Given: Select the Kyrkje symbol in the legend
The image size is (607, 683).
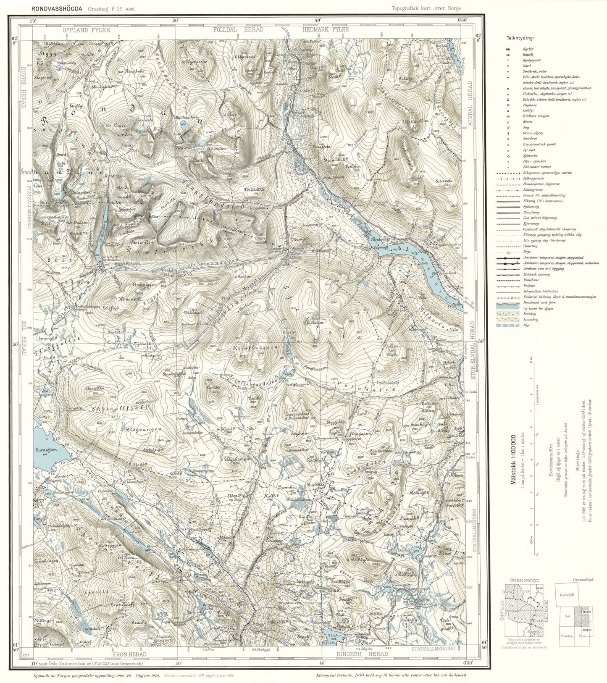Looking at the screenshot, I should coord(508,50).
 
